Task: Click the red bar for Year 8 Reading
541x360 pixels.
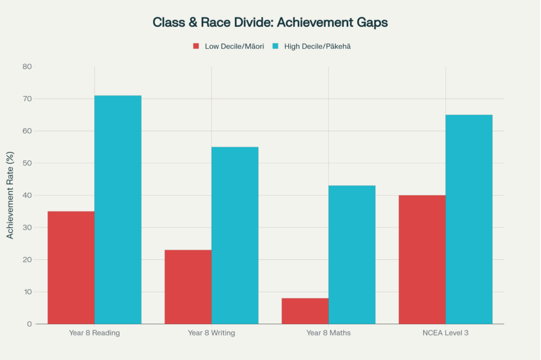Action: pyautogui.click(x=71, y=267)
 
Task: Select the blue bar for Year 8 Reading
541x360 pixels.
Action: pyautogui.click(x=118, y=210)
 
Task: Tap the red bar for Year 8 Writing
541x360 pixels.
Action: pyautogui.click(x=188, y=287)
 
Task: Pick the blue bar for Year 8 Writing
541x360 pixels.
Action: pyautogui.click(x=235, y=235)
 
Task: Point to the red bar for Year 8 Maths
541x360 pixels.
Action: pyautogui.click(x=305, y=311)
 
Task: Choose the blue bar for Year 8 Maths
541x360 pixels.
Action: pyautogui.click(x=352, y=255)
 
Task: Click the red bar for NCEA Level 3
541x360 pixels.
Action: pyautogui.click(x=422, y=259)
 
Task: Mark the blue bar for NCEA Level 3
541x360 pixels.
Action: pyautogui.click(x=469, y=220)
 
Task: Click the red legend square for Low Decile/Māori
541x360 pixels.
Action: pyautogui.click(x=196, y=46)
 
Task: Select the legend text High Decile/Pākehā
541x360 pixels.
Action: pyautogui.click(x=317, y=46)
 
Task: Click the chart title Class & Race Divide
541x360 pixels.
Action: pyautogui.click(x=270, y=23)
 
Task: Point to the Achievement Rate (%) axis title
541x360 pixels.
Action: pyautogui.click(x=10, y=195)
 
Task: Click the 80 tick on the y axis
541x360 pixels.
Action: pyautogui.click(x=27, y=67)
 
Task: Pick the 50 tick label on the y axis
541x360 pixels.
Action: pyautogui.click(x=27, y=163)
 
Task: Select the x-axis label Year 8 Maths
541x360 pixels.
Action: pyautogui.click(x=328, y=333)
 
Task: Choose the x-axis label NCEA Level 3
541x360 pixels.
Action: pyautogui.click(x=445, y=333)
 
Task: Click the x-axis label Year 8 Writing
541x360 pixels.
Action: pyautogui.click(x=211, y=333)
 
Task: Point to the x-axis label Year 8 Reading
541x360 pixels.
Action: pyautogui.click(x=94, y=333)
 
